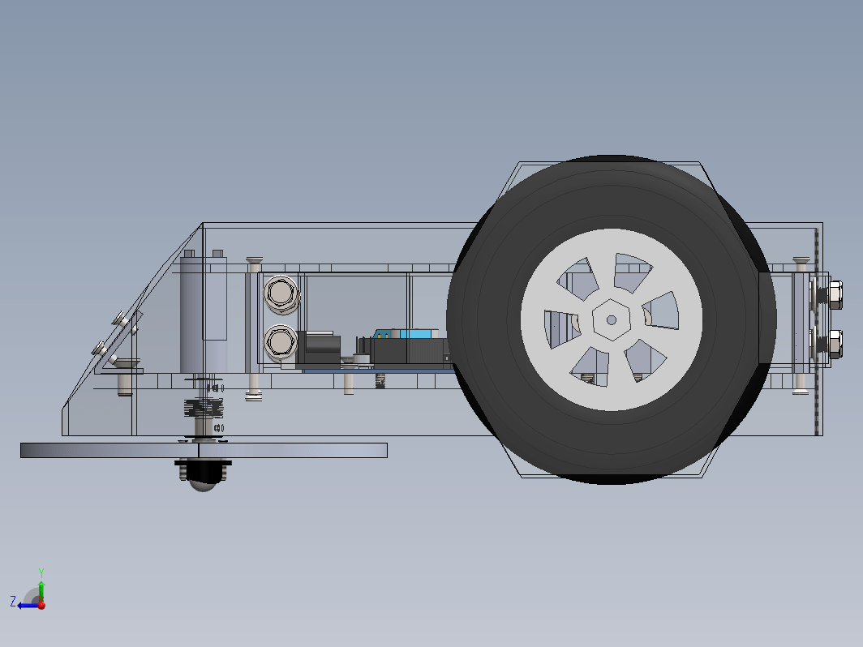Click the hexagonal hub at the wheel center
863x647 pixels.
point(611,319)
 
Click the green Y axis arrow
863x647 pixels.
point(41,591)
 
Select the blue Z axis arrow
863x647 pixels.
point(28,605)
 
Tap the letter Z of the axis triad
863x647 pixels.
point(13,601)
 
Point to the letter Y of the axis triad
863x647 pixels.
point(41,572)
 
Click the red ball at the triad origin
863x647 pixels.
point(41,605)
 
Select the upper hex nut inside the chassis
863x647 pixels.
point(281,294)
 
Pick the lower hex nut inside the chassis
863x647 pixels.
point(281,343)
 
